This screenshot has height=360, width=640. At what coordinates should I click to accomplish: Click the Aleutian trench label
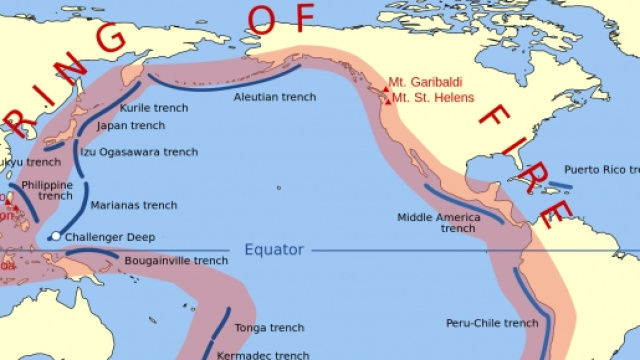(274, 97)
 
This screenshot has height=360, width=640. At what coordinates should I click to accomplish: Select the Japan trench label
(130, 126)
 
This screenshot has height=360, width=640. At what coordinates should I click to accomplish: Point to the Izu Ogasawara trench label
(139, 152)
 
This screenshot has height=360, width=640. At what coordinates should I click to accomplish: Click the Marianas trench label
(133, 205)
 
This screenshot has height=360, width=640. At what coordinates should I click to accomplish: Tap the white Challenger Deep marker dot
(56, 237)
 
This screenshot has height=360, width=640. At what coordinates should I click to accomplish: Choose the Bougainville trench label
(176, 261)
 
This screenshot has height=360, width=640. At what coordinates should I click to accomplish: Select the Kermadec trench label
(264, 354)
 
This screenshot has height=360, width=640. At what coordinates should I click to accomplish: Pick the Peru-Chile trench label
(492, 323)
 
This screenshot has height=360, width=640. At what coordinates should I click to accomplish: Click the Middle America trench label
(438, 222)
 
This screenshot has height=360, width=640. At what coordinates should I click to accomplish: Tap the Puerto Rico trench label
(601, 169)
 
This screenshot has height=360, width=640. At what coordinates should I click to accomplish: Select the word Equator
(271, 249)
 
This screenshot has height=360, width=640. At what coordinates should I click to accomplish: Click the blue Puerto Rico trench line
(560, 186)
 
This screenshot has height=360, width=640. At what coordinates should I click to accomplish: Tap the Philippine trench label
(47, 190)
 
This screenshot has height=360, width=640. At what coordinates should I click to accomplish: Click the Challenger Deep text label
(112, 237)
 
